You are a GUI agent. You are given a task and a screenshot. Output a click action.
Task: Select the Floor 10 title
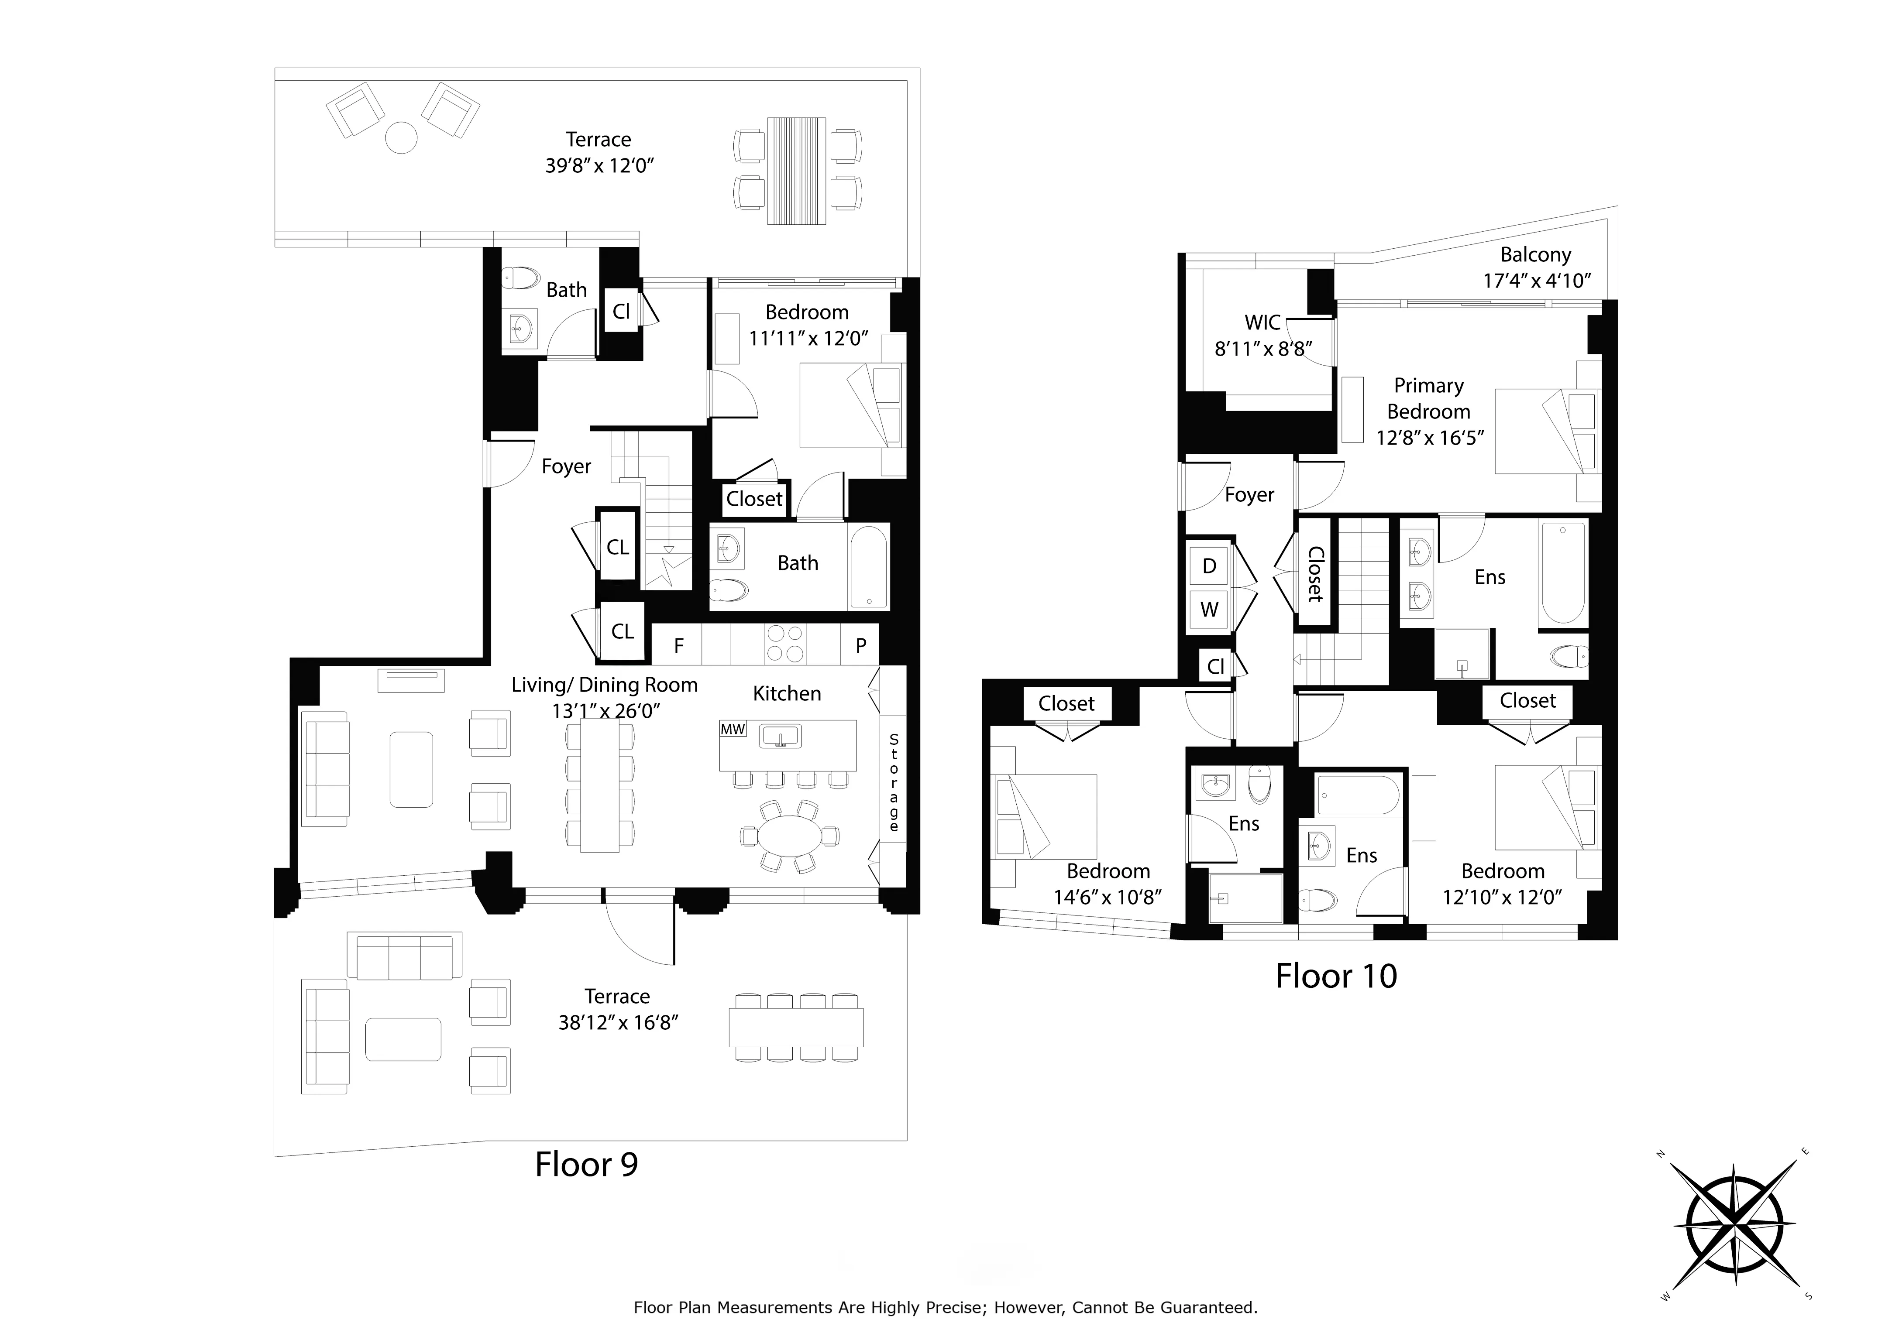coord(1336,976)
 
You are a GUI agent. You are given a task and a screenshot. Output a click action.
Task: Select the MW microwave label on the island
coord(732,730)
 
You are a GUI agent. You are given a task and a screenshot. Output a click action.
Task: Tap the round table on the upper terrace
coord(402,138)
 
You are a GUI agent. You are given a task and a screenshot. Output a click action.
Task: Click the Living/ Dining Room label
coord(604,685)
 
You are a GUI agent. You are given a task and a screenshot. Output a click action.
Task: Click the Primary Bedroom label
coord(1429,398)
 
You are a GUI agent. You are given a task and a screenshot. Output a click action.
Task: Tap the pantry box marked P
coord(860,645)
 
